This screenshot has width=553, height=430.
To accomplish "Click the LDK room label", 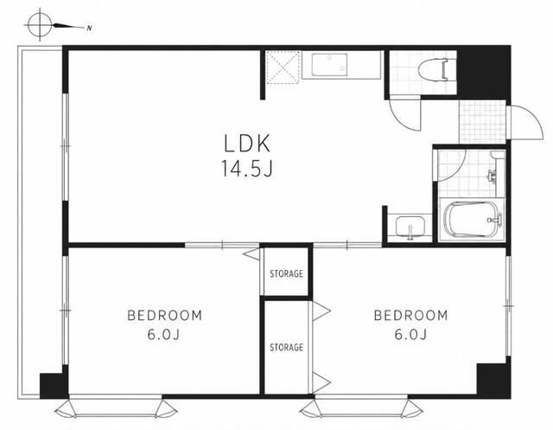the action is tap(247, 144).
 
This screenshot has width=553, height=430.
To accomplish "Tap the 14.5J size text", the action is tap(247, 169).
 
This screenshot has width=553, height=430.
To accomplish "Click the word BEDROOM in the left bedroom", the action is tap(164, 315).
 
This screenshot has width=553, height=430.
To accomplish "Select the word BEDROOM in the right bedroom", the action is tap(411, 315).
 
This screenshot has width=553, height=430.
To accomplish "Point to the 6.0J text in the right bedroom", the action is tap(410, 334).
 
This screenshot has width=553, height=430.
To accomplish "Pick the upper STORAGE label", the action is tap(286, 273).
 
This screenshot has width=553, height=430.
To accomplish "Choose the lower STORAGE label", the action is tap(286, 348).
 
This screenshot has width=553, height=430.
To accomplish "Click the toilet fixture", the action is tap(433, 70).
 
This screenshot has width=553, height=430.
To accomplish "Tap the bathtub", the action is tap(473, 219).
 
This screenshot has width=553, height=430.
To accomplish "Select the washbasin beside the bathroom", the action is tap(410, 227).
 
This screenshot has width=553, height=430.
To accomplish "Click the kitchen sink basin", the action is tap(329, 64).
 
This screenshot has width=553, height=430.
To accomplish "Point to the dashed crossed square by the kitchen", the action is tap(283, 67).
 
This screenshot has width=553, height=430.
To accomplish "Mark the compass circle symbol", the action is tap(40, 25).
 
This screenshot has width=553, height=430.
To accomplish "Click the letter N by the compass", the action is tap(90, 29).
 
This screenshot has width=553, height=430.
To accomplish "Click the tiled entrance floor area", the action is tap(482, 122).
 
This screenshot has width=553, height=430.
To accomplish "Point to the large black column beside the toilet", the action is tap(483, 73).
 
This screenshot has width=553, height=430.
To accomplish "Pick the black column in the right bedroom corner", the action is tap(493, 380).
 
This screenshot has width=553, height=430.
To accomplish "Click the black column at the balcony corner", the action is tap(53, 386).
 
